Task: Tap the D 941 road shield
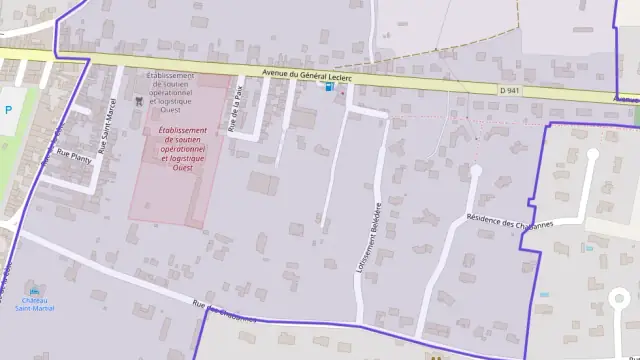(510, 91)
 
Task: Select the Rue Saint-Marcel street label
(109, 122)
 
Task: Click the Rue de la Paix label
(236, 109)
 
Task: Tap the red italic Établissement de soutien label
(182, 149)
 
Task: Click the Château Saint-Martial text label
(35, 304)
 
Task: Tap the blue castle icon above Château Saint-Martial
(35, 291)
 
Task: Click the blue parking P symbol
(9, 109)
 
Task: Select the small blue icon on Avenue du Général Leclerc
(329, 85)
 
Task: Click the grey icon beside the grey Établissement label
(139, 100)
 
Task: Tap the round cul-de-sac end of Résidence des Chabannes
(476, 171)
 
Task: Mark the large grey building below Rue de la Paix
(264, 184)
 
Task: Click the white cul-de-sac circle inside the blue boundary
(593, 155)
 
